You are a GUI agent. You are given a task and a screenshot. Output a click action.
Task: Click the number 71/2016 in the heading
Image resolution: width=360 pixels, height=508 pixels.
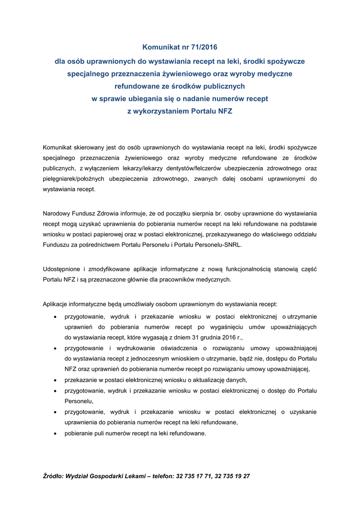coord(203,48)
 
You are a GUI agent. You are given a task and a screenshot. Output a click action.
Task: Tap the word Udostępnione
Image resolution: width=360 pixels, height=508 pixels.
coord(63,269)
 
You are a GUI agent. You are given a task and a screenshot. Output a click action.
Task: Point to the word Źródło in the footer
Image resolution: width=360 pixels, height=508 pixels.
coord(53,476)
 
